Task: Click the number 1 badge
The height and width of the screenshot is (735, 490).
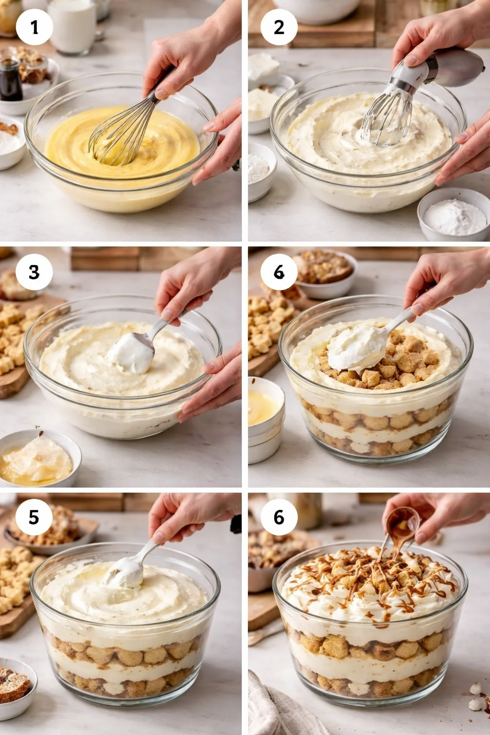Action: tap(34, 27)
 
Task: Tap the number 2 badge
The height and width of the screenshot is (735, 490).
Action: tap(279, 27)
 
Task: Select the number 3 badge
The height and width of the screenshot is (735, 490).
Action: tap(34, 272)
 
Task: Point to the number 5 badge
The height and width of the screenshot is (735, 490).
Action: tap(34, 517)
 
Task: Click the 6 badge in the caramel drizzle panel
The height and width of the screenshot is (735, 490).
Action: tap(279, 517)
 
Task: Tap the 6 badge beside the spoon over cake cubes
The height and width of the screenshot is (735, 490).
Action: tap(279, 272)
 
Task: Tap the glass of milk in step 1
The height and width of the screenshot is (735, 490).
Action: tap(72, 26)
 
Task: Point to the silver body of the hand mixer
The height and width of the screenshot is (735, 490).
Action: tap(458, 67)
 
